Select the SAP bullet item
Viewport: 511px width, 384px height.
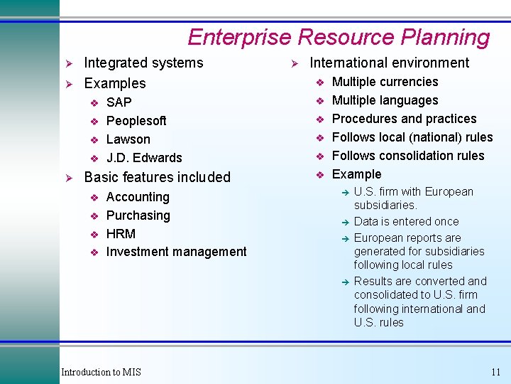click(x=119, y=102)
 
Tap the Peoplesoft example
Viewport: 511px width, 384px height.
click(x=136, y=121)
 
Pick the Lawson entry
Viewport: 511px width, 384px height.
click(x=128, y=139)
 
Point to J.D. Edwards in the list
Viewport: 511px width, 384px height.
click(x=144, y=158)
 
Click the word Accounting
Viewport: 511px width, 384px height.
click(x=138, y=197)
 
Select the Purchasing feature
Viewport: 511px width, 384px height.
click(x=138, y=215)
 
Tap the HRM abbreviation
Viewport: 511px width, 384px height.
click(x=121, y=234)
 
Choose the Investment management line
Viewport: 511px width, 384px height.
click(x=176, y=252)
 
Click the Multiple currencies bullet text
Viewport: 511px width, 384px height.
click(x=385, y=82)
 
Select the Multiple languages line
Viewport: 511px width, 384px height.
click(x=385, y=100)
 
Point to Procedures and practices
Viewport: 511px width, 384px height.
click(x=404, y=119)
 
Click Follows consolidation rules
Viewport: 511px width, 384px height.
click(x=408, y=156)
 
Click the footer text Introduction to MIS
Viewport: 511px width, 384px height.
click(x=101, y=373)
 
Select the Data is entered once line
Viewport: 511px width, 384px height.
click(x=406, y=222)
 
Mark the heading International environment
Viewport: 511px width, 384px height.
click(x=390, y=63)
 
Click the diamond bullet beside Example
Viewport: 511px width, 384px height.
click(x=320, y=175)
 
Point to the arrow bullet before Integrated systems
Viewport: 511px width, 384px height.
click(x=70, y=63)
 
